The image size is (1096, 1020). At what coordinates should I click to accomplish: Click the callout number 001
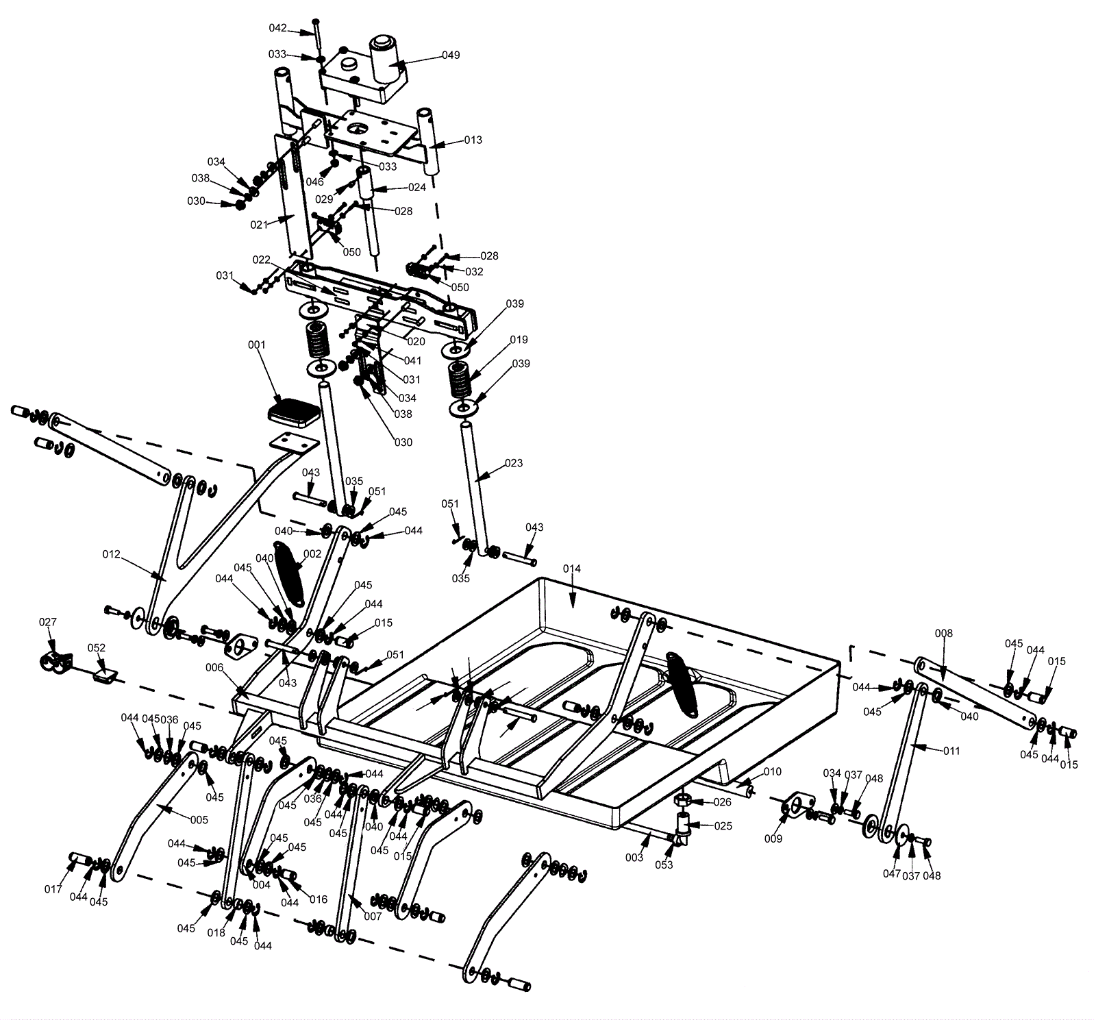coord(256,345)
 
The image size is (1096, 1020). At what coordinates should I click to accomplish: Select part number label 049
coord(451,55)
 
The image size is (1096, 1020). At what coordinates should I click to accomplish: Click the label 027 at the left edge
coord(47,622)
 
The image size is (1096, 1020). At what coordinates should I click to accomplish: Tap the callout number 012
coord(111,553)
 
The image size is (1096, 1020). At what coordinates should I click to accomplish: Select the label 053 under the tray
coord(664,864)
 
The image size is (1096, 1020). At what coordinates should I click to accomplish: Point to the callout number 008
coord(943,634)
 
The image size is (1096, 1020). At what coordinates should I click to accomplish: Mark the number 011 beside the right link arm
coord(951,751)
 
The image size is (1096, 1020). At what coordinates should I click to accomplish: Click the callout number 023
coord(513,463)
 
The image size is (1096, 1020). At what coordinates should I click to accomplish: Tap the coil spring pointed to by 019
coord(461,380)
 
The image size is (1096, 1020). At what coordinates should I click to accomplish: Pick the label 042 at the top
coord(277,28)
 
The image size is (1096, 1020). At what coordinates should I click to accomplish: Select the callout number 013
coord(473,140)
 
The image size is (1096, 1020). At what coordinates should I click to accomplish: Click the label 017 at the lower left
coord(53,889)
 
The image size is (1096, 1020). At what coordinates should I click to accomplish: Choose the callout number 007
coord(373,917)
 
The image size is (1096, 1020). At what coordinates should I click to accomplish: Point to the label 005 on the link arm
coord(199,819)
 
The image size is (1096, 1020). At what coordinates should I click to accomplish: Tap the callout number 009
coord(773,838)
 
